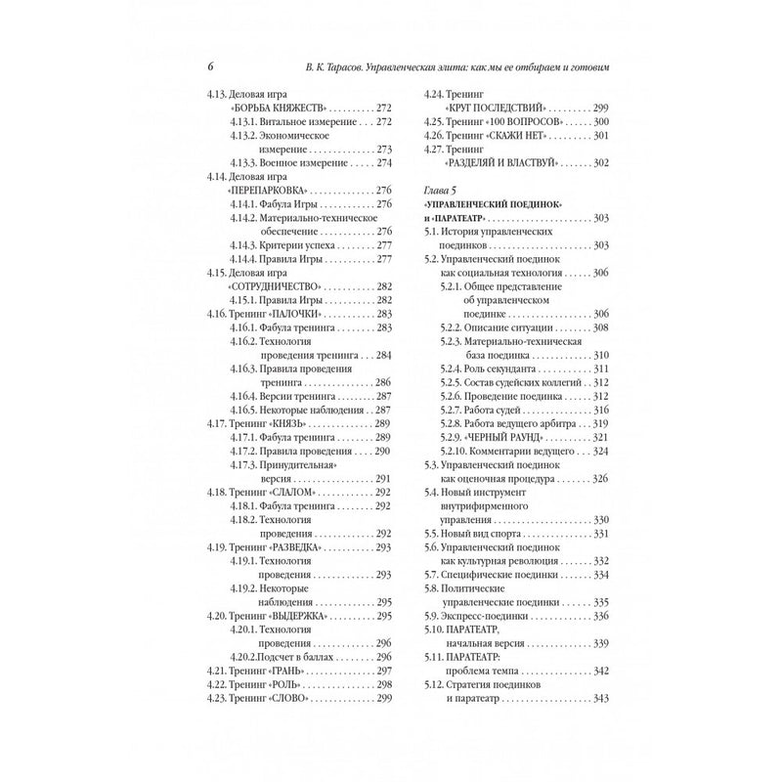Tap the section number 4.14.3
(x=248, y=243)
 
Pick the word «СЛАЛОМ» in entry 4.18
(x=295, y=492)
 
